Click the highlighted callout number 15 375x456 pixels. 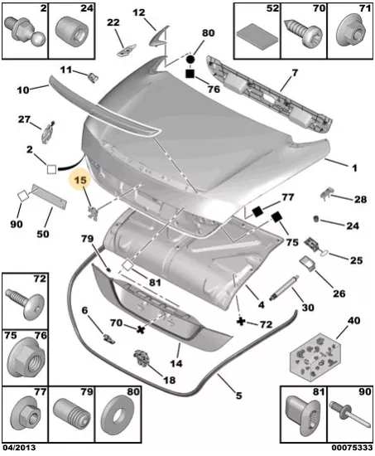pos(80,180)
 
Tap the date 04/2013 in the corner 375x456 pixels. pos(19,447)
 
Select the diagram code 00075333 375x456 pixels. pos(353,447)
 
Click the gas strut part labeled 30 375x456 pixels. pos(281,288)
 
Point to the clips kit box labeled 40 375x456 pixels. pos(315,357)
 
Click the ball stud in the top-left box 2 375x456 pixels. pos(26,32)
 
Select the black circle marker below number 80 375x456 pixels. pos(190,60)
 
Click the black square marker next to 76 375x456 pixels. pos(190,74)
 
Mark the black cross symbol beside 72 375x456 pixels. pos(241,322)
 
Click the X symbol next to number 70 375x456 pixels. pos(141,329)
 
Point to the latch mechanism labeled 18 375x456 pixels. pos(142,357)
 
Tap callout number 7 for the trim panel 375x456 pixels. pos(295,73)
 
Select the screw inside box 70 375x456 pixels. pos(303,33)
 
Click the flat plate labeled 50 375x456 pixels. pos(49,196)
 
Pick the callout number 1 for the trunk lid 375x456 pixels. pos(354,167)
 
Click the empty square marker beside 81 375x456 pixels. pos(127,266)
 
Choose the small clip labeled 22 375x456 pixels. pos(126,51)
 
